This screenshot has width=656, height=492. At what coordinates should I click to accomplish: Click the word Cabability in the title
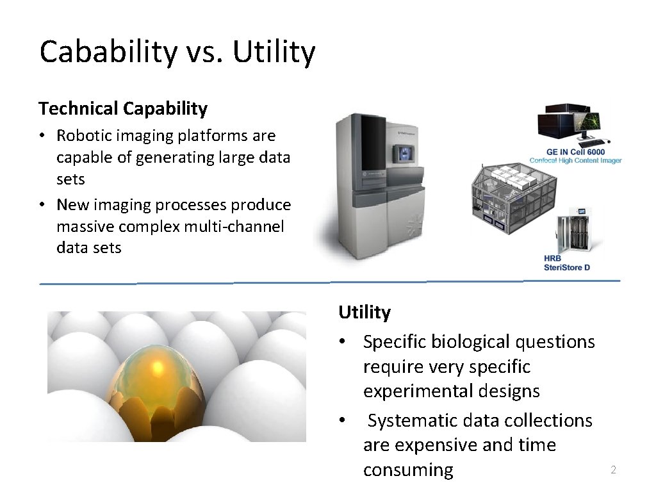click(x=108, y=53)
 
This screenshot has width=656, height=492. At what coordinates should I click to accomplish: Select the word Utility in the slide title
click(x=274, y=53)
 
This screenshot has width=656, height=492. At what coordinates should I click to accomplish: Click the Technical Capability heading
click(x=123, y=109)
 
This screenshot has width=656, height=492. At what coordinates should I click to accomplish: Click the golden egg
click(x=158, y=383)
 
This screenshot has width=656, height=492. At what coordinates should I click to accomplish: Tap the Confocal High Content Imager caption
click(x=575, y=160)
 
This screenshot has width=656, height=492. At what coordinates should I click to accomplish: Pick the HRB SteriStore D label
click(x=566, y=263)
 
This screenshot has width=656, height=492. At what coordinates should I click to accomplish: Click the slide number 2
click(x=613, y=471)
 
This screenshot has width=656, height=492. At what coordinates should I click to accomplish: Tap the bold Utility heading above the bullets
click(x=365, y=313)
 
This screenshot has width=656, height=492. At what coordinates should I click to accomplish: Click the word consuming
click(x=408, y=470)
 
